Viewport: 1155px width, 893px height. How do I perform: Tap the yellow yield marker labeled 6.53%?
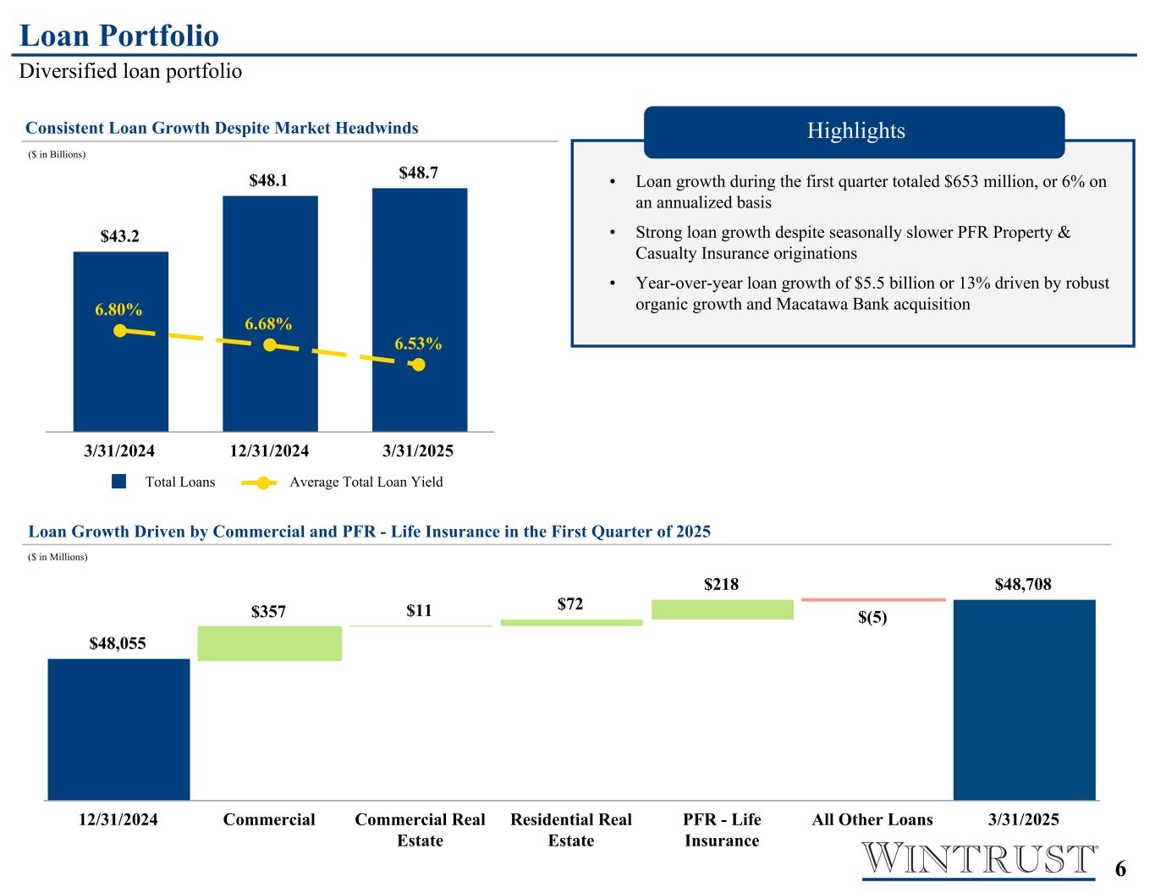pyautogui.click(x=418, y=365)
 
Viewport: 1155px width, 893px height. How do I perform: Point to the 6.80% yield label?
pyautogui.click(x=118, y=310)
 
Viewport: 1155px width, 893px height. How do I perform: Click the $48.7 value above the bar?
pyautogui.click(x=419, y=173)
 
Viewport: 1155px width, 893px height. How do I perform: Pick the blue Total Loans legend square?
pyautogui.click(x=119, y=482)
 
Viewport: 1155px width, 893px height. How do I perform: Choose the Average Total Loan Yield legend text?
pyautogui.click(x=366, y=482)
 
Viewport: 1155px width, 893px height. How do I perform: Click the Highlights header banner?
pyautogui.click(x=854, y=131)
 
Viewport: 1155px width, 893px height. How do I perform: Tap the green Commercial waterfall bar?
pyautogui.click(x=269, y=643)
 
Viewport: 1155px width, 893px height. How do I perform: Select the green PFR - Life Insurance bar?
pyautogui.click(x=722, y=609)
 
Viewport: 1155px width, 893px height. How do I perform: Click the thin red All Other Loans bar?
pyautogui.click(x=872, y=599)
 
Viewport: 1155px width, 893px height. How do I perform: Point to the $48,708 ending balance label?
pyautogui.click(x=1023, y=584)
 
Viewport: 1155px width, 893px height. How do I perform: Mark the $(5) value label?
pyautogui.click(x=872, y=618)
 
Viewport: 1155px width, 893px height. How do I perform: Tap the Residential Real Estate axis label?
pyautogui.click(x=571, y=830)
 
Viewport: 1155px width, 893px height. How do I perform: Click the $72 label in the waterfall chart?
pyautogui.click(x=570, y=604)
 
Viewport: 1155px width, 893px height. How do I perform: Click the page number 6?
pyautogui.click(x=1120, y=869)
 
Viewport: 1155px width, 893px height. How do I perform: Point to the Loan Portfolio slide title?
pyautogui.click(x=119, y=36)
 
